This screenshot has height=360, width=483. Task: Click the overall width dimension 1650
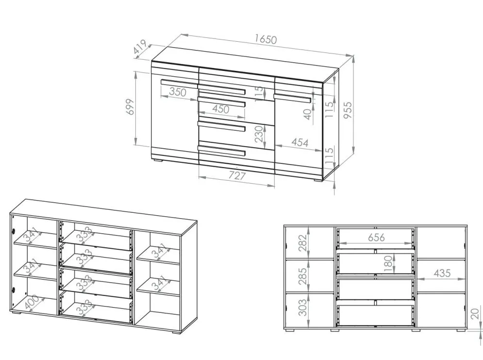tap(266, 39)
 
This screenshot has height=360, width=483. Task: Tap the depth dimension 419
tap(140, 47)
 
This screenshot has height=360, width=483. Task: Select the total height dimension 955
tap(348, 110)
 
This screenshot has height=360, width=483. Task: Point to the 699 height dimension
tap(131, 107)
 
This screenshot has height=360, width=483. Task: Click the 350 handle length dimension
tap(178, 92)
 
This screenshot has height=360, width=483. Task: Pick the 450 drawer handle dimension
tap(220, 109)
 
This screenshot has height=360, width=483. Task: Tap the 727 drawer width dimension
tap(237, 175)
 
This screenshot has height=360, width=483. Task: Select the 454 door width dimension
tap(300, 142)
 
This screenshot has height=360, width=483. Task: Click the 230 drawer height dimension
tap(259, 134)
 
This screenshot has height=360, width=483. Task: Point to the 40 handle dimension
tap(307, 114)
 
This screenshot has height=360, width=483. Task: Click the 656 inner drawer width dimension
tap(376, 238)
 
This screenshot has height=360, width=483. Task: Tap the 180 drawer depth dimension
tap(389, 263)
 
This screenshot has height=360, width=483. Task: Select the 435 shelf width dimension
tap(442, 273)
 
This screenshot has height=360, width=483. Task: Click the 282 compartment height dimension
tap(303, 243)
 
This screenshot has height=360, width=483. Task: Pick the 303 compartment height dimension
tap(303, 308)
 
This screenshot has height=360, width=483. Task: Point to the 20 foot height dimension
tap(475, 314)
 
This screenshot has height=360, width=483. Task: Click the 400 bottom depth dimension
tap(32, 302)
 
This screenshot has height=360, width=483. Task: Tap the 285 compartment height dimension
tap(303, 276)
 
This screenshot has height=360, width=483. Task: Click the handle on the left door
tap(179, 83)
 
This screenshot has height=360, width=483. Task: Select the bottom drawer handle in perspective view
tap(222, 150)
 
